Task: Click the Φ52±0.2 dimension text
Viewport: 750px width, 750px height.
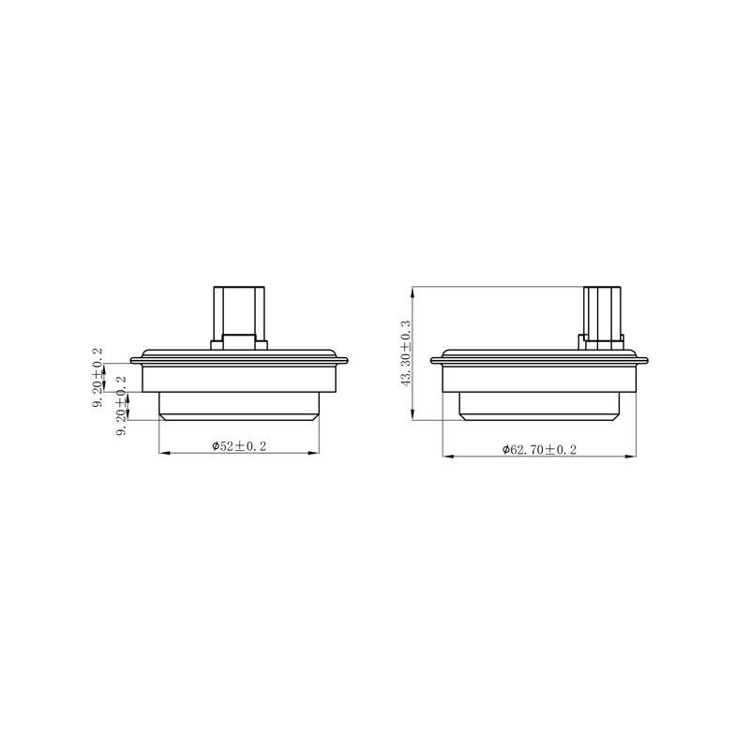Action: pos(239,446)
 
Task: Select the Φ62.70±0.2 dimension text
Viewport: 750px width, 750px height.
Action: pos(539,450)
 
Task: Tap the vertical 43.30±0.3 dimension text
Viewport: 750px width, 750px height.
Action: pos(406,353)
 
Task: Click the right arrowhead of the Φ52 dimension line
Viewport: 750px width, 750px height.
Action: pos(313,453)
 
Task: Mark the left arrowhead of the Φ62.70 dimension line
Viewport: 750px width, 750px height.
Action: pos(449,457)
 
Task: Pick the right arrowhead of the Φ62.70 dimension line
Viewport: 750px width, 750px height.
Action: pos(630,457)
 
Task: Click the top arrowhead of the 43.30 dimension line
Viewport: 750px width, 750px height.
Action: pos(412,292)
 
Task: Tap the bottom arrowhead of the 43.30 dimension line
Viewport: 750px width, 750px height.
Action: pos(412,414)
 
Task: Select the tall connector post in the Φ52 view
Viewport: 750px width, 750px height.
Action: pos(239,313)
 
